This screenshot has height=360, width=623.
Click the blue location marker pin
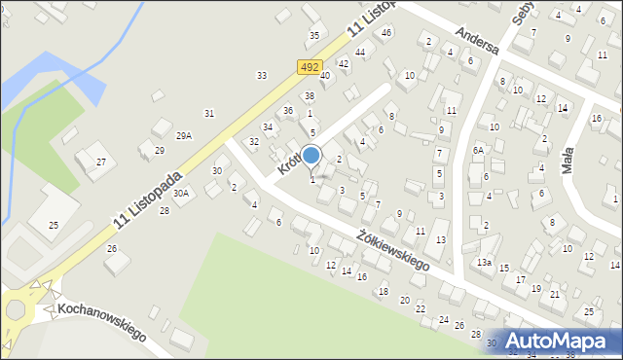(x=311, y=156)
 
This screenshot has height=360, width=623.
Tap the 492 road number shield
(x=309, y=67)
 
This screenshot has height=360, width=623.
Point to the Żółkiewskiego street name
(x=393, y=249)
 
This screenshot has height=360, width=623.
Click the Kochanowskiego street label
(x=101, y=322)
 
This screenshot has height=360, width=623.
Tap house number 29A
(x=184, y=136)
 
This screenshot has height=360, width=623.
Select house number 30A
(x=181, y=193)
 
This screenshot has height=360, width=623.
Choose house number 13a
(x=484, y=263)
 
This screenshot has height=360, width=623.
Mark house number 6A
(x=478, y=150)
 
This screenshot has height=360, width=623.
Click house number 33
(x=261, y=75)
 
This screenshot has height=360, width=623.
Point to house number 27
(x=100, y=162)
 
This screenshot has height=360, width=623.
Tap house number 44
(x=360, y=52)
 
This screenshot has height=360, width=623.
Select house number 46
(x=386, y=32)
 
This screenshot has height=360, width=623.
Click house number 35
(x=313, y=35)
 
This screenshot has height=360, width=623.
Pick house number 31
(x=208, y=114)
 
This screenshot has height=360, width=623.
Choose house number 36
(x=287, y=111)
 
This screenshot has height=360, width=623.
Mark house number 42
(x=343, y=63)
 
